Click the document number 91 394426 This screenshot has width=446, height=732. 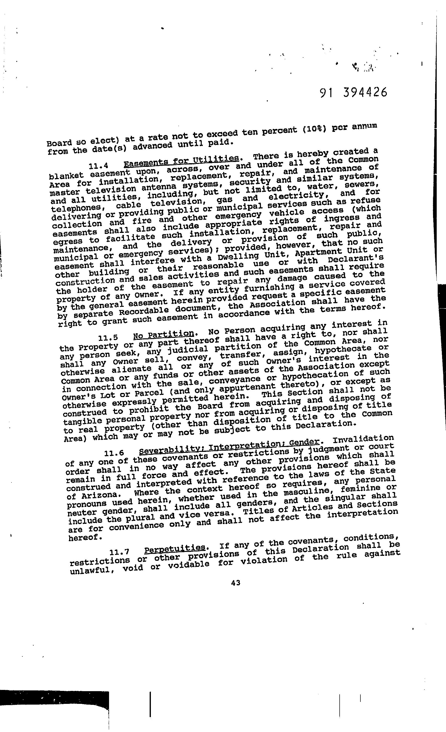[x=354, y=93]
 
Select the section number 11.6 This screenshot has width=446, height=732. [x=114, y=453]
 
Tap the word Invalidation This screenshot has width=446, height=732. [x=363, y=438]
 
